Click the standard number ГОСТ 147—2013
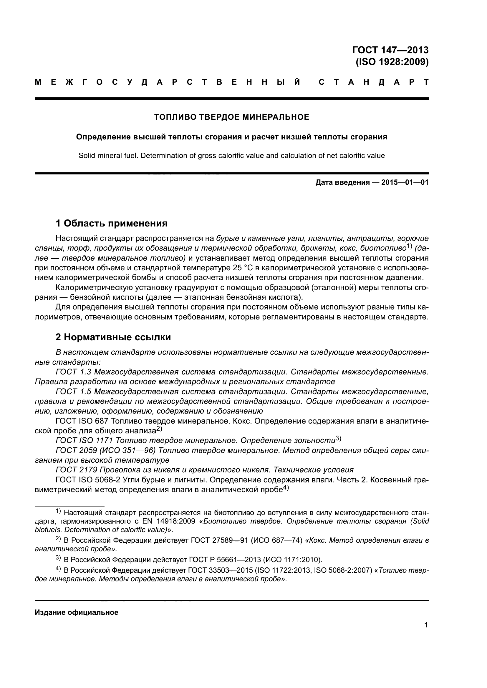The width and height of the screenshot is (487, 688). click(x=390, y=50)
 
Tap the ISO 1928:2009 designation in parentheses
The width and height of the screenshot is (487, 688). click(x=392, y=62)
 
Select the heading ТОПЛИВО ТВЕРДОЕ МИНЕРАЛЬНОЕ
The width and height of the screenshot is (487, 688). click(x=231, y=117)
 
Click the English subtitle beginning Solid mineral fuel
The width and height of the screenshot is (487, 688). click(x=231, y=156)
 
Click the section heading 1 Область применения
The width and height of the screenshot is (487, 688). click(x=111, y=223)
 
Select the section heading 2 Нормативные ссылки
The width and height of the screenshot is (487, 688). click(x=113, y=337)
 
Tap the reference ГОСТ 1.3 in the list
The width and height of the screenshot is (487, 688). click(x=74, y=372)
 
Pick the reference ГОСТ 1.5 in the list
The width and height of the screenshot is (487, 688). click(x=74, y=392)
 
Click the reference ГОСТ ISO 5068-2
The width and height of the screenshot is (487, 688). click(x=88, y=480)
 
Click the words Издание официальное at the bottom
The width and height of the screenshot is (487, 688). click(x=77, y=612)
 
